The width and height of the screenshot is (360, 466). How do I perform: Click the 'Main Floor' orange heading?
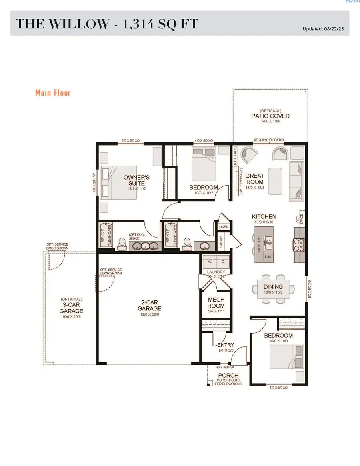pyautogui.click(x=53, y=93)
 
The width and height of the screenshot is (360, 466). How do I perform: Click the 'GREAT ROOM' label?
pyautogui.click(x=255, y=179)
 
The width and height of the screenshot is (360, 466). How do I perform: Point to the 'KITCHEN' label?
pyautogui.click(x=264, y=217)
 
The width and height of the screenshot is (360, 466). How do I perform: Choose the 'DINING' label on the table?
pyautogui.click(x=273, y=286)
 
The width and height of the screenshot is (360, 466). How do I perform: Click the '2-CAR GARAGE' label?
pyautogui.click(x=149, y=306)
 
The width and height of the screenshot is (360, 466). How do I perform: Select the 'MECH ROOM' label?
pyautogui.click(x=216, y=303)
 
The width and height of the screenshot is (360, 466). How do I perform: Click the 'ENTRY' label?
pyautogui.click(x=226, y=345)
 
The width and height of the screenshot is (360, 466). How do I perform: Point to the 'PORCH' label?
pyautogui.click(x=228, y=376)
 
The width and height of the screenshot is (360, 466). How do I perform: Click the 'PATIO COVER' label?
pyautogui.click(x=270, y=116)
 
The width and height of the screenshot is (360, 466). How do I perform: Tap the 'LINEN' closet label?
pyautogui.click(x=223, y=227)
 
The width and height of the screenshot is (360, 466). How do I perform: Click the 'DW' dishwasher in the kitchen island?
pyautogui.click(x=269, y=256)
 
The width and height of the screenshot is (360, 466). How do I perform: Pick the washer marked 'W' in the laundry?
pyautogui.click(x=209, y=262)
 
